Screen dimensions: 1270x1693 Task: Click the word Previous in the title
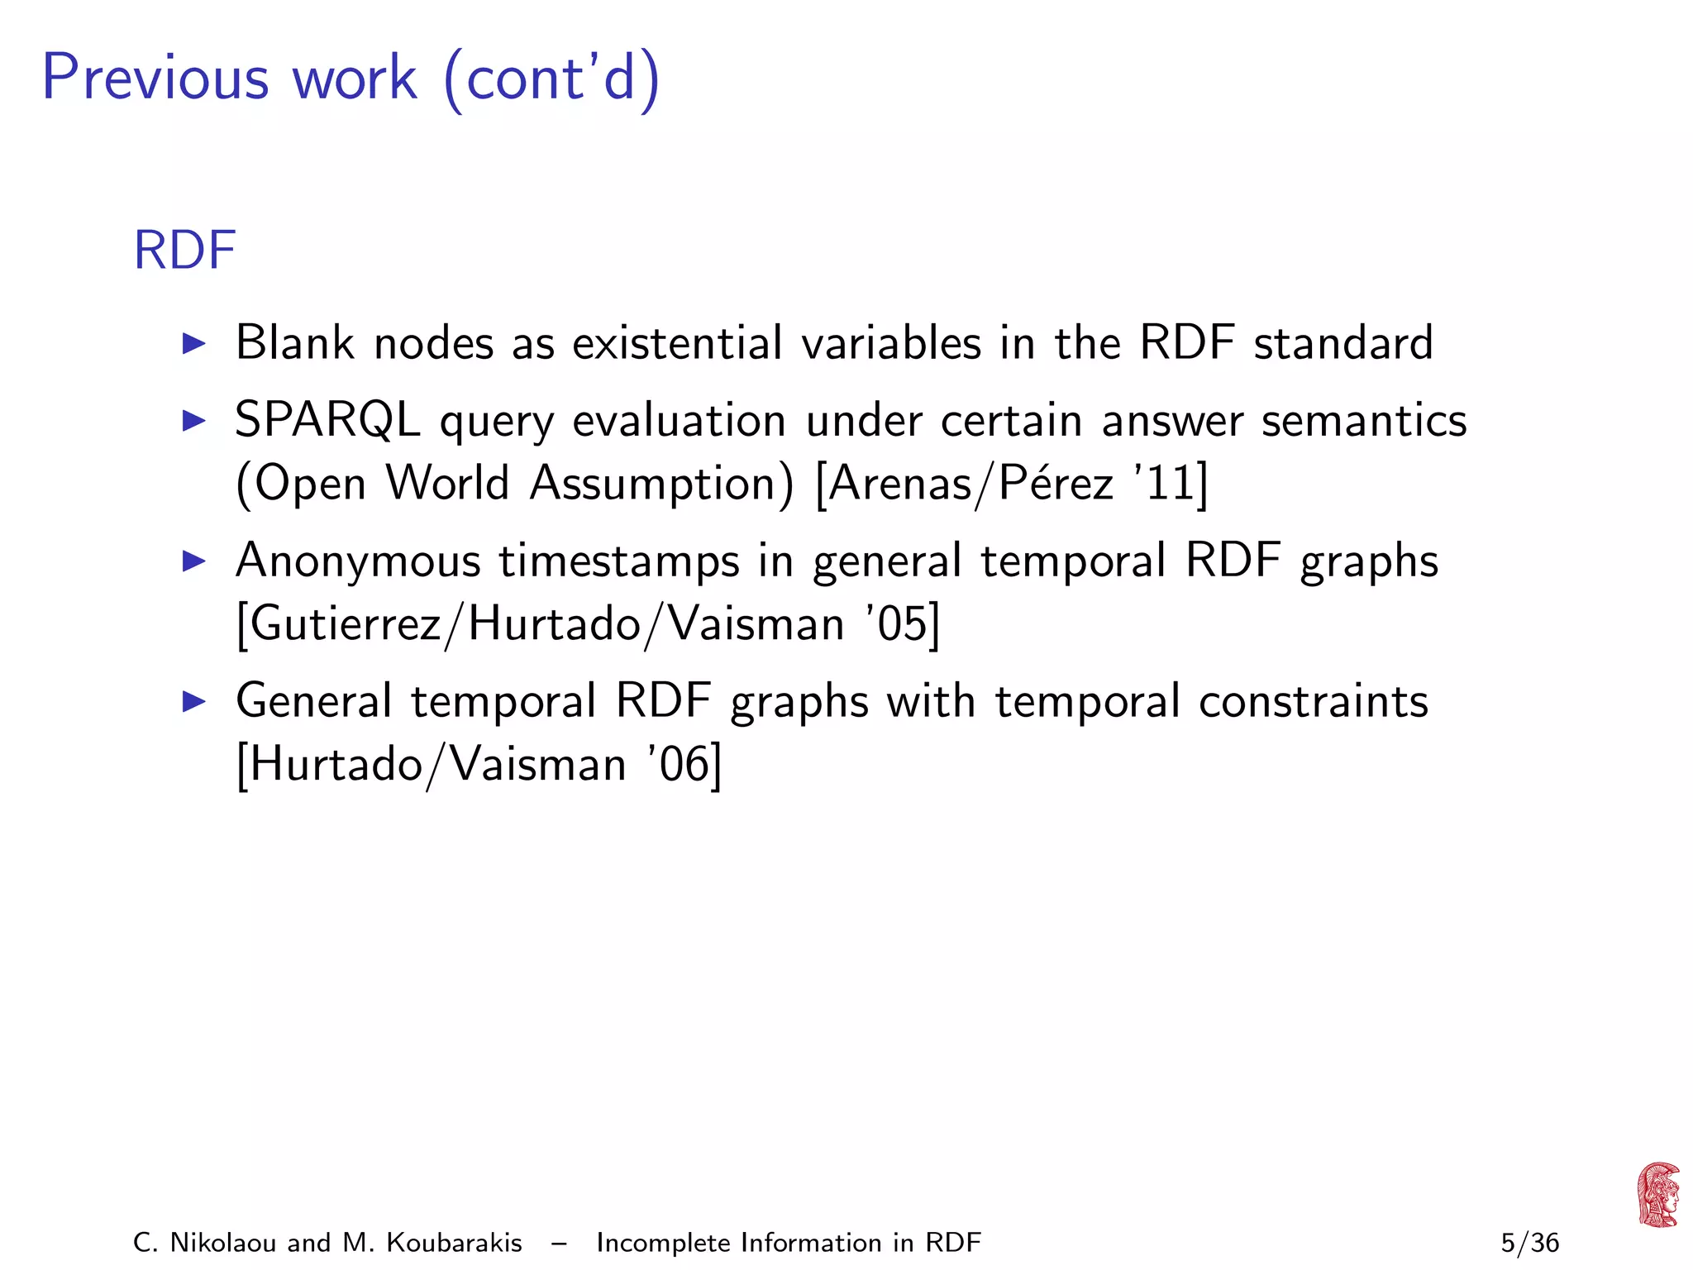(155, 78)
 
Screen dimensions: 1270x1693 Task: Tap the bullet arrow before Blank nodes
(193, 343)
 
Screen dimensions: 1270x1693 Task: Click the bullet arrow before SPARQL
(193, 421)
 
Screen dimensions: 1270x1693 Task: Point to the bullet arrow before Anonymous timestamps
(193, 561)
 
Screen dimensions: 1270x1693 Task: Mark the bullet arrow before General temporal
(193, 702)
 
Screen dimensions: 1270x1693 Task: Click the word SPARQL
(327, 421)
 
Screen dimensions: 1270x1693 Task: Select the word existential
(677, 342)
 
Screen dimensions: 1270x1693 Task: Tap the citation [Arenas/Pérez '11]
(1011, 483)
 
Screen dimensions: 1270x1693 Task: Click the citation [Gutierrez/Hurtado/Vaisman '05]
(588, 623)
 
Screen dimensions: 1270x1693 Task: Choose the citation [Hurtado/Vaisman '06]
(479, 764)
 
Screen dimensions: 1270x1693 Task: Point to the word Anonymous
(358, 561)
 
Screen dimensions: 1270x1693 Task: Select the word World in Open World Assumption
(447, 483)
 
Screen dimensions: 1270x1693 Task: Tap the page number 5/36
(1529, 1243)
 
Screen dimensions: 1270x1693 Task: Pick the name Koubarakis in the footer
(454, 1243)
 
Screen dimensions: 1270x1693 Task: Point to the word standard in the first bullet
(1342, 342)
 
